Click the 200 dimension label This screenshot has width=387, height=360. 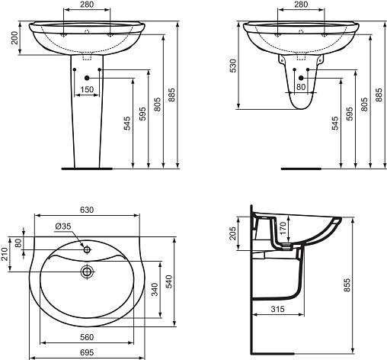coord(15,37)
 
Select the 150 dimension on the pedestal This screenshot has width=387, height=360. coord(87,89)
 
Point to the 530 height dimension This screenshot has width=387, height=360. coord(233,66)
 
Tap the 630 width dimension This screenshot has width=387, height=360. coord(87,210)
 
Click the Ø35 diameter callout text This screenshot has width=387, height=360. coord(63,226)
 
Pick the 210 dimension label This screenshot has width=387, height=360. coord(5,254)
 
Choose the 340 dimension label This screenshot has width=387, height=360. coord(155,289)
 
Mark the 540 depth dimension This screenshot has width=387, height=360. coord(169,281)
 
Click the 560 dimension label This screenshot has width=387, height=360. coord(87,337)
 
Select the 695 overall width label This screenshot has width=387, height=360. coord(87,352)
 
